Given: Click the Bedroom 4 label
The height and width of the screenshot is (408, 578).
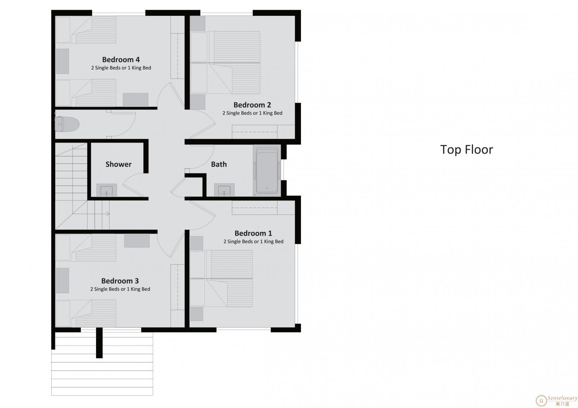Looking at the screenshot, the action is [x=121, y=60].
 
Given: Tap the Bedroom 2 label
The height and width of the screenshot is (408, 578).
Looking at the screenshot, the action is [x=252, y=105].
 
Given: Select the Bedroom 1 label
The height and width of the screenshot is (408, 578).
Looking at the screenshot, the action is [x=253, y=233].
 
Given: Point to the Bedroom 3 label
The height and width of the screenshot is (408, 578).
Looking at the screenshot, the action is [x=120, y=281].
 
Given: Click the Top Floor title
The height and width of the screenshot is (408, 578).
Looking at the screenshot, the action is [x=466, y=149].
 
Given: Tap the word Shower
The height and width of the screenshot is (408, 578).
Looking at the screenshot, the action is [x=118, y=164].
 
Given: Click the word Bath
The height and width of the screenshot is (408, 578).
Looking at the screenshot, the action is [x=219, y=164].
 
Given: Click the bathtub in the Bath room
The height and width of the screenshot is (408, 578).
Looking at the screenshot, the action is [x=267, y=171].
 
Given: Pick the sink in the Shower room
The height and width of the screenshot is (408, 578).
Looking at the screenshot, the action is [x=107, y=190].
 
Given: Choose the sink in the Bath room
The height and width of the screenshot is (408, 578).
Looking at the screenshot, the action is [x=224, y=190].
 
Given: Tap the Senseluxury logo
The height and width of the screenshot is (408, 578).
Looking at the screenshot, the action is [x=556, y=400].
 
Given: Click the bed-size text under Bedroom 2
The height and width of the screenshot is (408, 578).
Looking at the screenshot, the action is [x=253, y=113].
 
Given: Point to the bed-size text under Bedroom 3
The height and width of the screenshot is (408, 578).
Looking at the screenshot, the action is [x=120, y=289].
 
